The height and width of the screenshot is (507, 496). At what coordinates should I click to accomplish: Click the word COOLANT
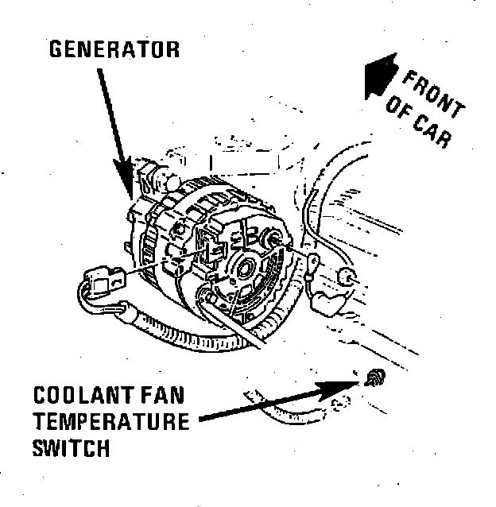(83, 395)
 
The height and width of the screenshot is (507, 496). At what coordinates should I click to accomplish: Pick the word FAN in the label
(162, 395)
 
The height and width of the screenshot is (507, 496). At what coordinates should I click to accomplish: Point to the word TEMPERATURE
(111, 421)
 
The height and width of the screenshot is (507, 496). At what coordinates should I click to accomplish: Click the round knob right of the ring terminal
(347, 277)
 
